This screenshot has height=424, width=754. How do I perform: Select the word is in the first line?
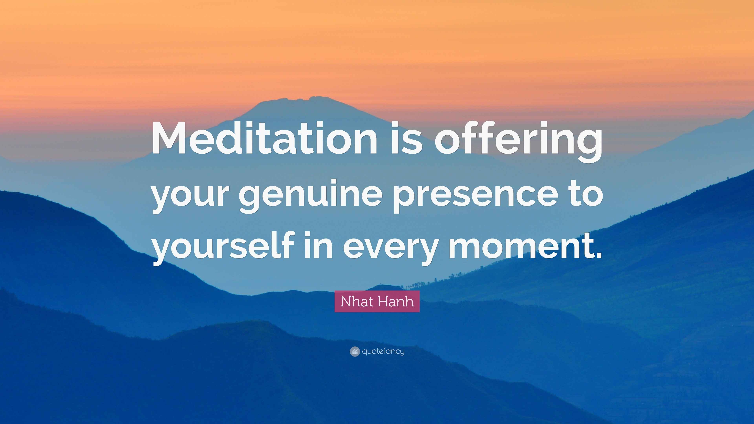coord(407,138)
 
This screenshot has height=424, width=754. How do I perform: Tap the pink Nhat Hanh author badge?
coord(377,301)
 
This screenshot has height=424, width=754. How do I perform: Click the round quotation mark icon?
coord(354,351)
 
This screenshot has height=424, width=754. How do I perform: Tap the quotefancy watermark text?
coord(383,351)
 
